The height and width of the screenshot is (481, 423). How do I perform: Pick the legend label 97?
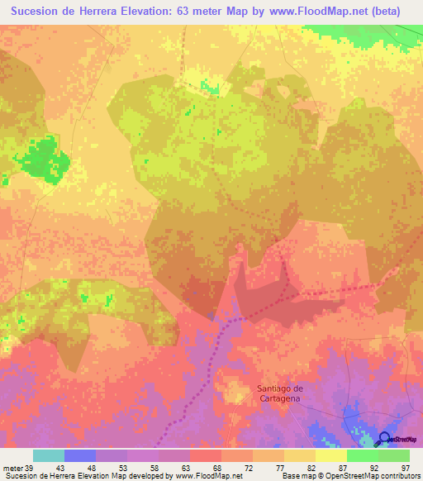406,467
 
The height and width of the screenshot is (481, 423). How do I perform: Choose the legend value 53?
112,467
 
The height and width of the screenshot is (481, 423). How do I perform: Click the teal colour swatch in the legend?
49,455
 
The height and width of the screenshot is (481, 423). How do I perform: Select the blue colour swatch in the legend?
80,455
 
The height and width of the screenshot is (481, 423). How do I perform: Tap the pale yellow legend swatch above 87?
330,455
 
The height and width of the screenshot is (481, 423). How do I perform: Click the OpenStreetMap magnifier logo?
385,439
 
